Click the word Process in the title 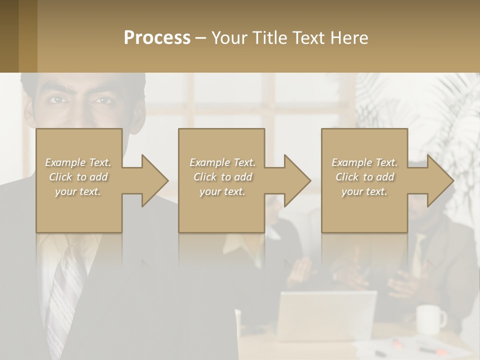point(157,38)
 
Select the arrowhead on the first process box point(153,180)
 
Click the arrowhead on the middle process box point(295,180)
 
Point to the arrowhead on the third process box point(438,180)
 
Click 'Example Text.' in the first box point(78,162)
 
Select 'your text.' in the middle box point(222,191)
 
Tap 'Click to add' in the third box point(365,177)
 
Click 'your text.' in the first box point(78,191)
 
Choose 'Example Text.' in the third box point(364,162)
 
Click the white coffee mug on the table point(430,318)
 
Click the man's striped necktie point(65,295)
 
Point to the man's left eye point(103,100)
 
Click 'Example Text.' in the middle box point(222,162)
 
